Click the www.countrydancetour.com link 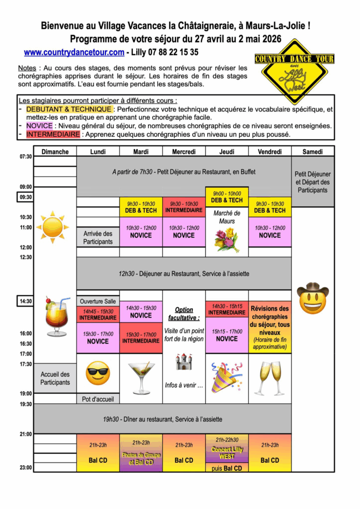tap(74, 52)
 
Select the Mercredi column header tap(184, 152)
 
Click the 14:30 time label tap(26, 301)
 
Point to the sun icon tap(52, 227)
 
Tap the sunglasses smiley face tap(98, 373)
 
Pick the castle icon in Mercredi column tap(184, 361)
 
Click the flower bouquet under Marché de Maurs tap(227, 240)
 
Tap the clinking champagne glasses tap(270, 377)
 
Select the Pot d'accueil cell tap(98, 399)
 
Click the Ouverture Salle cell tap(98, 301)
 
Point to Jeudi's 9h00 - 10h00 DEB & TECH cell tap(227, 197)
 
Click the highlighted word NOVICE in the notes tap(39, 125)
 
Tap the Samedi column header tap(313, 152)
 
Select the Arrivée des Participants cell tap(98, 238)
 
